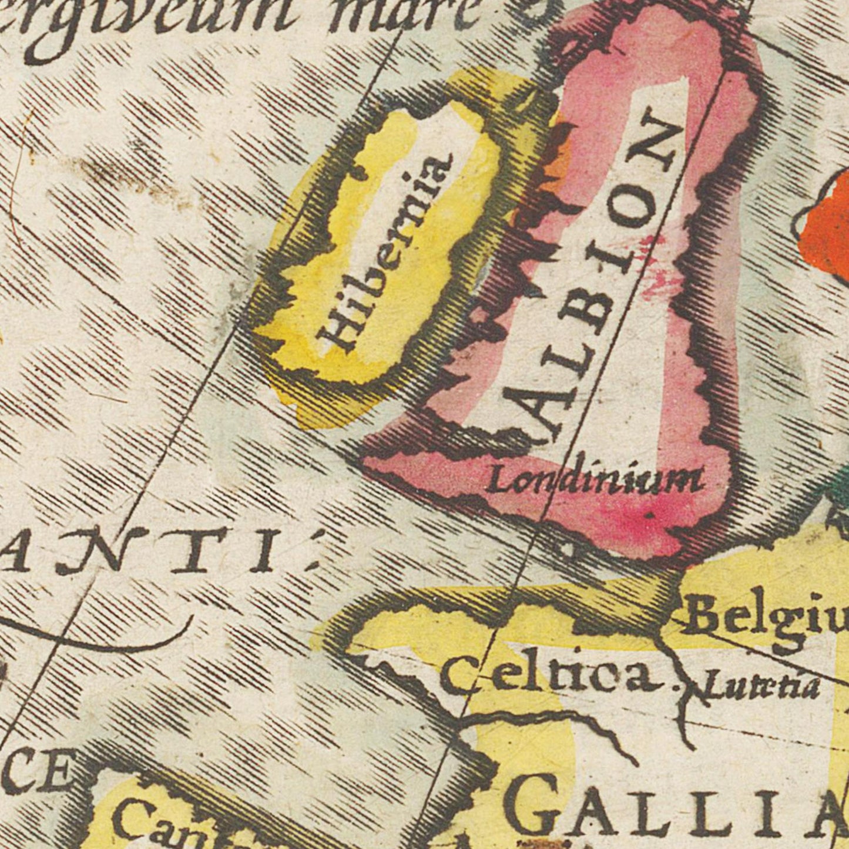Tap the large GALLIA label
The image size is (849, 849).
676,808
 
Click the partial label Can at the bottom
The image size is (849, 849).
147,823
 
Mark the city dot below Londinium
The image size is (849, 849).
649,515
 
